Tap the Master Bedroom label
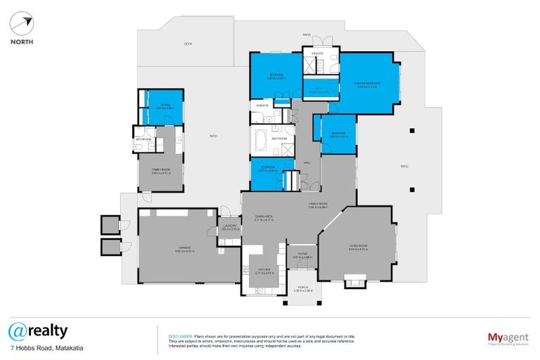pos(367,83)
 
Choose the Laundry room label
pos(230,225)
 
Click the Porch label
pos(302,288)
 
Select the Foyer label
pos(302,255)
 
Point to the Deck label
pos(188,44)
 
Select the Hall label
pos(307,162)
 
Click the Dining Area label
pos(264,217)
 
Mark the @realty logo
pos(38,330)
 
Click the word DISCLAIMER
pos(180,335)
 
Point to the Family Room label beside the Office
pos(161,170)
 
